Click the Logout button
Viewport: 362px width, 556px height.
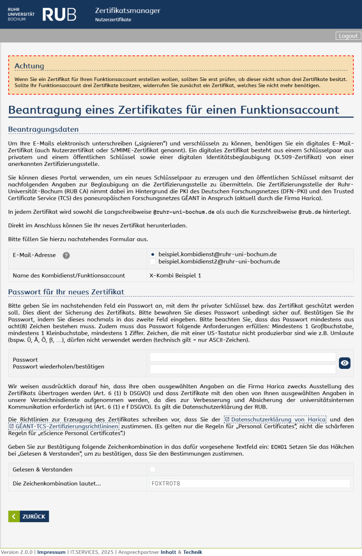pos(348,36)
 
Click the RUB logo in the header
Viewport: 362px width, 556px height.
pos(59,14)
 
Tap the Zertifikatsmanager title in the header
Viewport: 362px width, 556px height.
pos(128,11)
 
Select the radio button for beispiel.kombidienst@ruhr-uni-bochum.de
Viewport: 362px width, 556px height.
pos(152,254)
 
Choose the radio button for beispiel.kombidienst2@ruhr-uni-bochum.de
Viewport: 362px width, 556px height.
pos(152,262)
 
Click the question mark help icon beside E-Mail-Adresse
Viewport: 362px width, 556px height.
pos(66,255)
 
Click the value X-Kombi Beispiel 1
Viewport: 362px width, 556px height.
pos(175,275)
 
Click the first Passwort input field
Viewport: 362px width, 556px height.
pos(243,357)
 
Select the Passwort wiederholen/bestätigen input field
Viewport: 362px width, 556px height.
pos(243,369)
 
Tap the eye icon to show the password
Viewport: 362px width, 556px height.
pos(345,363)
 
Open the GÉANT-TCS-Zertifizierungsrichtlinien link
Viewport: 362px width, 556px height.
pos(64,426)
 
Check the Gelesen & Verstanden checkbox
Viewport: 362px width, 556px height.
pos(152,469)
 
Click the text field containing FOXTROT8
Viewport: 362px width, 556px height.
pos(250,483)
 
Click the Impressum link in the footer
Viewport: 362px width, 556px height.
pos(51,552)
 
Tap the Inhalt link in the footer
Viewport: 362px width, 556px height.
pos(168,552)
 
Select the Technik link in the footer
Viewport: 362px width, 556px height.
pos(192,552)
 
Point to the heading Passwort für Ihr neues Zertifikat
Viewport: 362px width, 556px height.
pos(66,292)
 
